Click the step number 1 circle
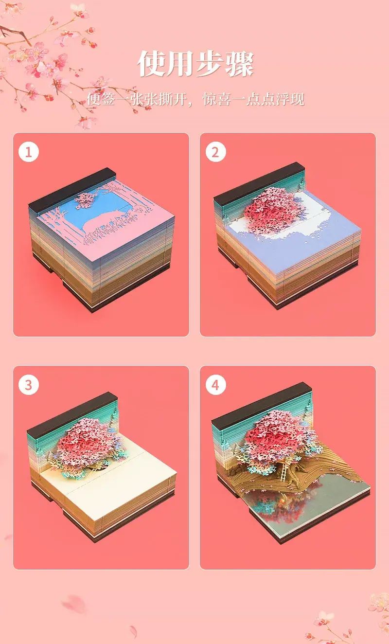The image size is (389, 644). pyautogui.click(x=29, y=151)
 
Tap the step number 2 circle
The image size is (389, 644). pyautogui.click(x=215, y=151)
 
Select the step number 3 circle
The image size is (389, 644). pyautogui.click(x=29, y=385)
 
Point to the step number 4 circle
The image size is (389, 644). pyautogui.click(x=215, y=385)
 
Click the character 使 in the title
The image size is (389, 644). pyautogui.click(x=151, y=64)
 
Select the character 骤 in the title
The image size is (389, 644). pyautogui.click(x=239, y=64)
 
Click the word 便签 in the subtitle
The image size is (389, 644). pyautogui.click(x=101, y=99)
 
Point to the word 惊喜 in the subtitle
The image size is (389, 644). pyautogui.click(x=217, y=99)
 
